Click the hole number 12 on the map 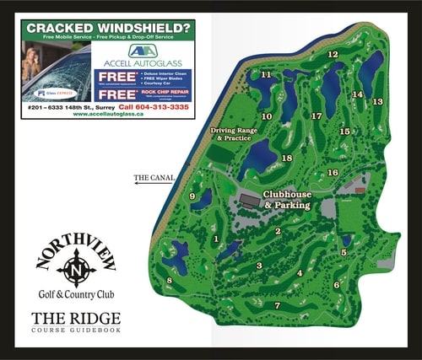pyautogui.click(x=333, y=55)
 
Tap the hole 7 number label pyautogui.click(x=278, y=305)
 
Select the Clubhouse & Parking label pyautogui.click(x=287, y=200)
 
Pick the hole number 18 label pyautogui.click(x=287, y=159)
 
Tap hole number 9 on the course pyautogui.click(x=192, y=196)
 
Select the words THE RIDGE pyautogui.click(x=76, y=319)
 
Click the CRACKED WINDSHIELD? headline pyautogui.click(x=110, y=28)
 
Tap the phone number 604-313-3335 pyautogui.click(x=154, y=107)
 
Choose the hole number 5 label pyautogui.click(x=344, y=252)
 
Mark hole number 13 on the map pyautogui.click(x=377, y=101)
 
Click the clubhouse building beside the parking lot pyautogui.click(x=248, y=200)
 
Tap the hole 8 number pyautogui.click(x=170, y=281)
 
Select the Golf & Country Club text pyautogui.click(x=76, y=294)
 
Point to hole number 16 pyautogui.click(x=333, y=173)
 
